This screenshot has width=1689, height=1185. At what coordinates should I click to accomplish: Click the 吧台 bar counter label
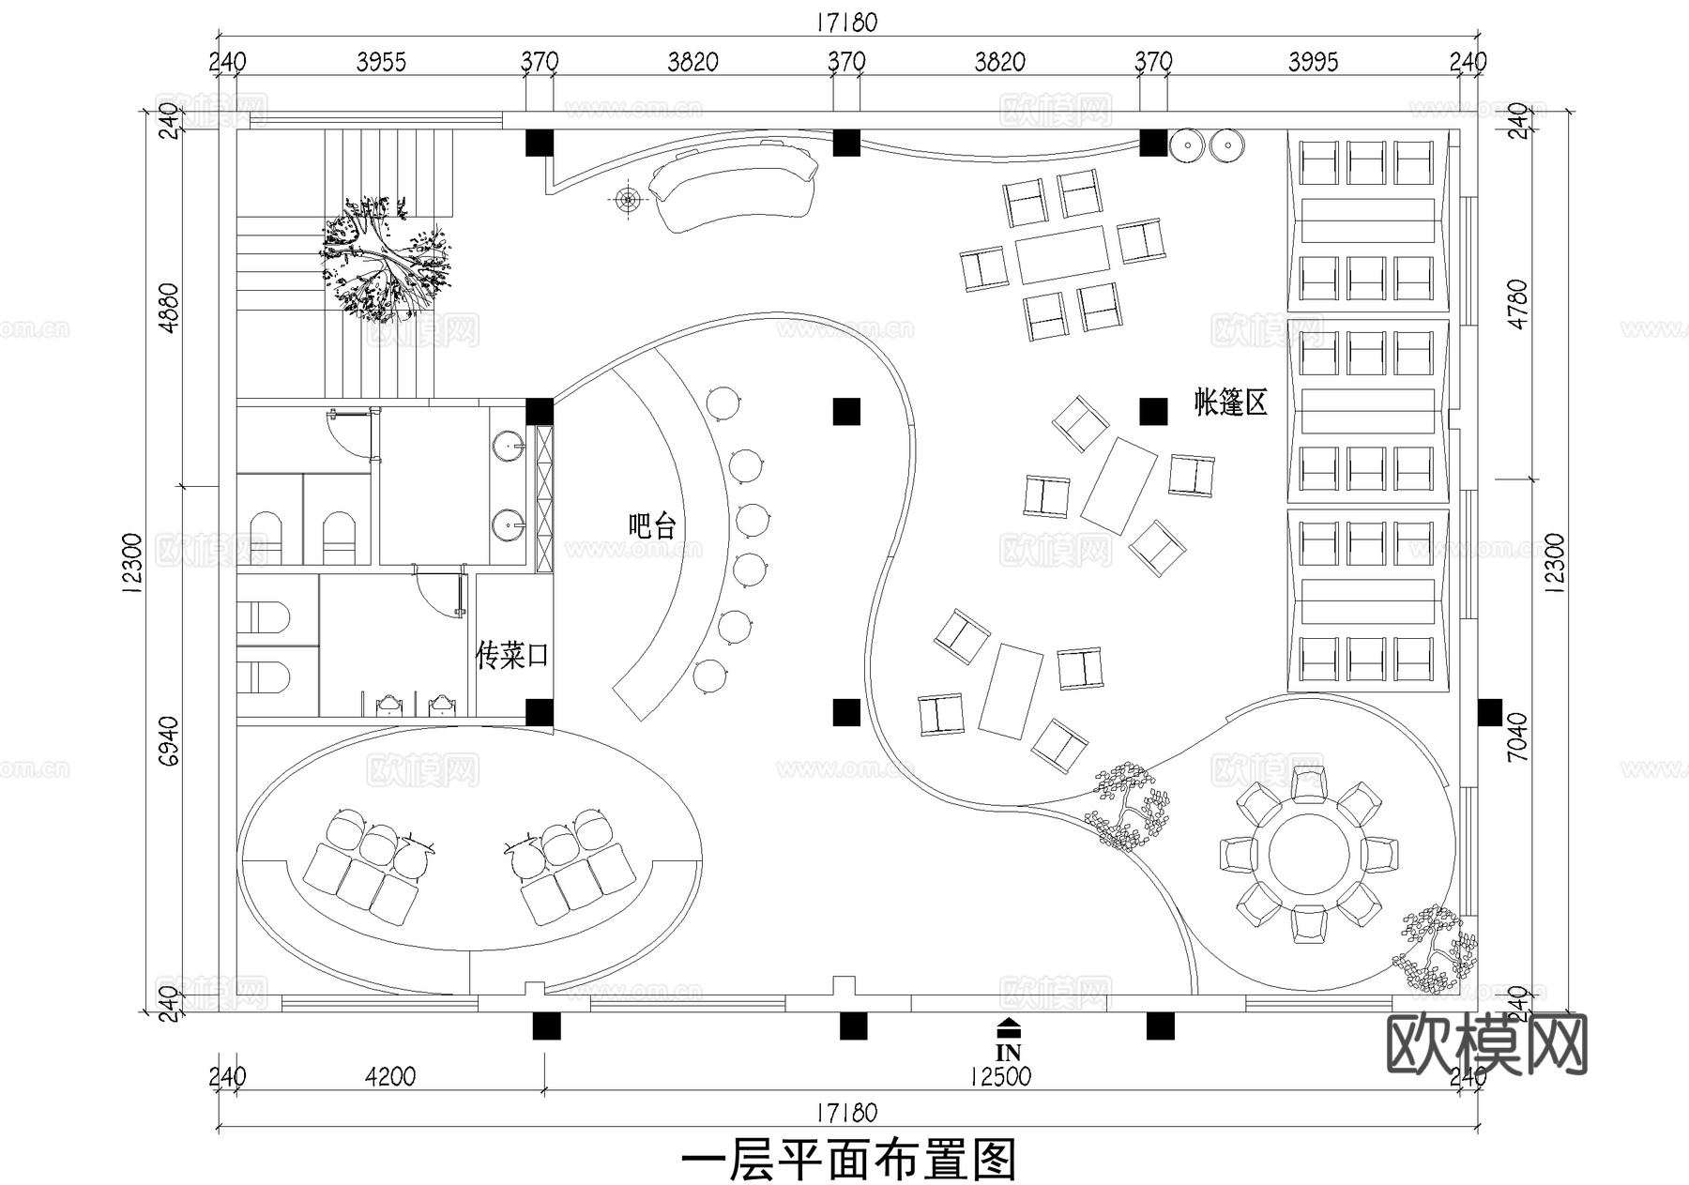pos(652,526)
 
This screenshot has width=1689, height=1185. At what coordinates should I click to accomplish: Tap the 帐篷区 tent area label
pos(1230,403)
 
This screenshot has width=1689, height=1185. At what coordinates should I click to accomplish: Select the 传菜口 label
pos(511,655)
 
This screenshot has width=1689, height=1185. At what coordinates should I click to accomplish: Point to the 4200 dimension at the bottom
pos(389,1076)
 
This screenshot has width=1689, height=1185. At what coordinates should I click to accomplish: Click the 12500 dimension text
pos(1000,1076)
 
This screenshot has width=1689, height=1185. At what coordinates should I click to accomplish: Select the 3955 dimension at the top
pos(382,63)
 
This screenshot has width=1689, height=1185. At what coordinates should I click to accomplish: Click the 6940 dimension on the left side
pos(170,741)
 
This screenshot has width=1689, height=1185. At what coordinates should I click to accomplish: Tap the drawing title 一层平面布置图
pos(848,1161)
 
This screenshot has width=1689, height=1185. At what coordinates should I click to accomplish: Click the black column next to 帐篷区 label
pos(1153,411)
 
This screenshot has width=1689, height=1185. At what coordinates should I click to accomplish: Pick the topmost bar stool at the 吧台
pos(723,404)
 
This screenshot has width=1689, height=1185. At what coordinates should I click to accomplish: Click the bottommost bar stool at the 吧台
pos(709,676)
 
